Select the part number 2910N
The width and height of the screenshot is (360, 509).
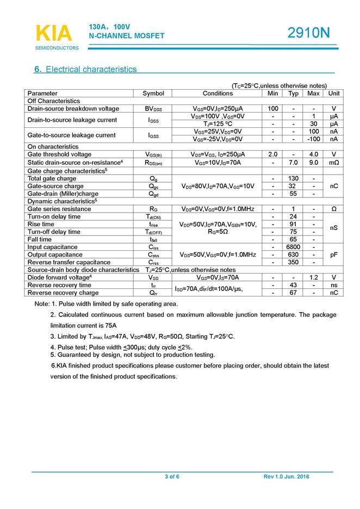309,33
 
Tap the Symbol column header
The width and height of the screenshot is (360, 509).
153,94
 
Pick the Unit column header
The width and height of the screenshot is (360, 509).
334,94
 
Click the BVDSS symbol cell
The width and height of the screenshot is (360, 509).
153,109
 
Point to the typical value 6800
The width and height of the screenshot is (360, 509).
293,247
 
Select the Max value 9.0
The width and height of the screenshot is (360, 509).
313,163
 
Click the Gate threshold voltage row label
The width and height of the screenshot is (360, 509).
60,154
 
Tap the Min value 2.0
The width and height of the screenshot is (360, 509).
273,154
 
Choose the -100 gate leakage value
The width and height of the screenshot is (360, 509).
313,139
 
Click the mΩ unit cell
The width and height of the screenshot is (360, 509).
334,163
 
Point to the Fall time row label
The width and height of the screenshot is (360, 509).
40,239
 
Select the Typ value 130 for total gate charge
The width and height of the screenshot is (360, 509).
293,178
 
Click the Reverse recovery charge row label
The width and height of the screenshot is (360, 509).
61,293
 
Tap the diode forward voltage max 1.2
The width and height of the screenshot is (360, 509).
313,277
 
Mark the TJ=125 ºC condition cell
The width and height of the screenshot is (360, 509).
218,124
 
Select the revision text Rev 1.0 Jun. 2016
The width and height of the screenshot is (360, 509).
286,477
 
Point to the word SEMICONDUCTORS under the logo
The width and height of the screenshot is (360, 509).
57,48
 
